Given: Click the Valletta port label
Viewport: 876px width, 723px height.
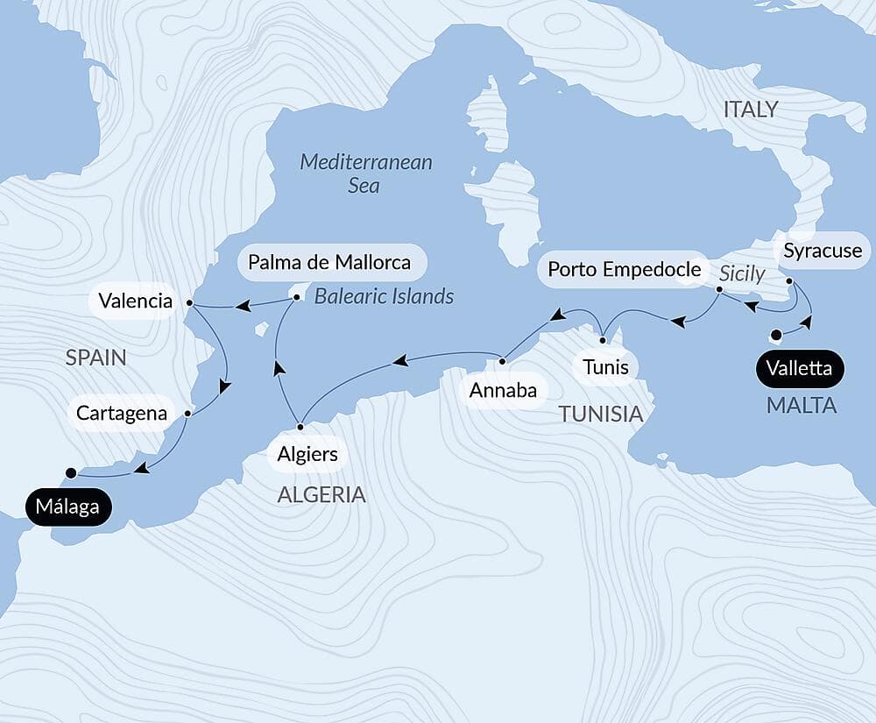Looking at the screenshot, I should click(x=799, y=368).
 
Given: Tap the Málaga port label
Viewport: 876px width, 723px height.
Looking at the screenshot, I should click(x=68, y=507).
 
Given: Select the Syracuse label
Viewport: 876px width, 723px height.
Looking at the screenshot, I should click(x=823, y=252).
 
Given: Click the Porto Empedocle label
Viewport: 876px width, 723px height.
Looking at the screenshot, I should click(x=625, y=269).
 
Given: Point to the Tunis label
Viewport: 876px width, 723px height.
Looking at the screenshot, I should click(x=605, y=366).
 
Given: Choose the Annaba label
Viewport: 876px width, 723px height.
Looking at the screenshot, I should click(x=503, y=390).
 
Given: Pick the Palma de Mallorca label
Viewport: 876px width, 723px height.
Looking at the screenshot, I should click(x=329, y=262).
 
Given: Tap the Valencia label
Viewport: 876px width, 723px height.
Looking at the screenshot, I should click(x=135, y=301).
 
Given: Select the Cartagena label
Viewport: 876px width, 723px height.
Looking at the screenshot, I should click(x=121, y=413).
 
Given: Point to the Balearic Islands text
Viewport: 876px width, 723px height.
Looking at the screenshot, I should click(x=384, y=296).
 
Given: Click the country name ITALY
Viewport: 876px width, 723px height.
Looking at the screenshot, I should click(x=750, y=110).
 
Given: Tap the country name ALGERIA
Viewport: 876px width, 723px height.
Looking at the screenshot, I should click(x=321, y=494).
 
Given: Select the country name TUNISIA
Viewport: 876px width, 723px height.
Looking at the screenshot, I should click(x=601, y=414).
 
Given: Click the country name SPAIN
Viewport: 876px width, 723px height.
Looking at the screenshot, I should click(x=95, y=358).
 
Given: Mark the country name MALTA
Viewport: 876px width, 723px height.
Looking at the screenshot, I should click(x=802, y=406).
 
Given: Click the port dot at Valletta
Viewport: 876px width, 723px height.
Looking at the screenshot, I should click(x=775, y=334).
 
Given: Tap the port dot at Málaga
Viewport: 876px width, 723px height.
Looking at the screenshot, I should click(x=71, y=472).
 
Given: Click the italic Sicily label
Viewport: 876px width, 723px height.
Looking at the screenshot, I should click(x=742, y=274).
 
